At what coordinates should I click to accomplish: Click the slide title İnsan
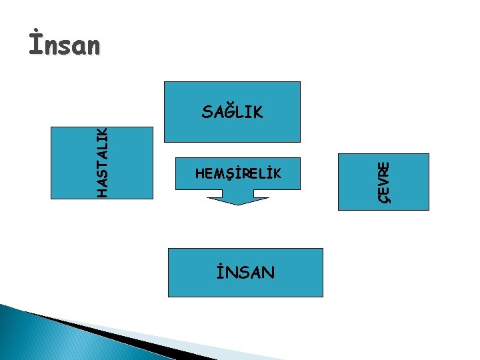64,45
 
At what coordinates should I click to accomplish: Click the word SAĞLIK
232,112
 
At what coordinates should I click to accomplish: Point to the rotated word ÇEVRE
385,182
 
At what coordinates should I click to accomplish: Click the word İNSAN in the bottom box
245,272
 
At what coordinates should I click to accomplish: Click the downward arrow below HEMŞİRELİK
238,197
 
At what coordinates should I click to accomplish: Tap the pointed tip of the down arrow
239,204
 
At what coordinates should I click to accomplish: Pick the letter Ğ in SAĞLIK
227,111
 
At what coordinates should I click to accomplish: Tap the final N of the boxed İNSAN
267,272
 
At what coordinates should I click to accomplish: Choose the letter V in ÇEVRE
385,181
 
